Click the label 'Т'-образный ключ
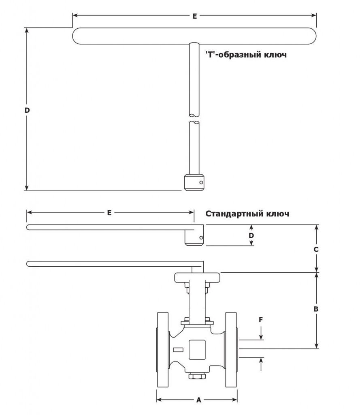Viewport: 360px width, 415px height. [x=246, y=55]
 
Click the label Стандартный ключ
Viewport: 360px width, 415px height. [x=247, y=214]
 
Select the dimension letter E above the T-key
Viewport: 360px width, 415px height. [x=195, y=16]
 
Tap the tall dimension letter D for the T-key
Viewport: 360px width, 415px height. [x=27, y=110]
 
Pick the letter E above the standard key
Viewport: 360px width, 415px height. [x=109, y=212]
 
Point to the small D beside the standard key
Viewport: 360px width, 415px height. [x=251, y=235]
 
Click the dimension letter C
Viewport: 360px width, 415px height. [x=316, y=249]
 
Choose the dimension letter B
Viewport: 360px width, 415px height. [x=316, y=309]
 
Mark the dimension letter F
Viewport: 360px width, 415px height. [x=261, y=320]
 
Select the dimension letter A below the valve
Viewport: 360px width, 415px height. [x=199, y=400]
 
